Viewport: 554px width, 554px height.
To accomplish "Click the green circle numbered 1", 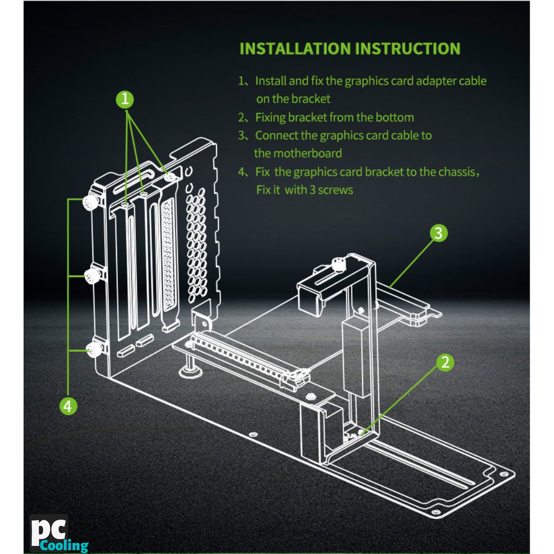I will point(126,99).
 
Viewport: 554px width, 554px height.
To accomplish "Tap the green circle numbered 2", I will point(445,362).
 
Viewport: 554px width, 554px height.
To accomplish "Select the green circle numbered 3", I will point(438,233).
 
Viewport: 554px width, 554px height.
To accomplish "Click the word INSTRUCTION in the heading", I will point(407,48).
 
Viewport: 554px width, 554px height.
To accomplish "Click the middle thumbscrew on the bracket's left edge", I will point(91,276).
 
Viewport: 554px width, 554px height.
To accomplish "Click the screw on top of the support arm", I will point(339,265).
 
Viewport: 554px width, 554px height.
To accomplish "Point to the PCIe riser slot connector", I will point(243,357).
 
